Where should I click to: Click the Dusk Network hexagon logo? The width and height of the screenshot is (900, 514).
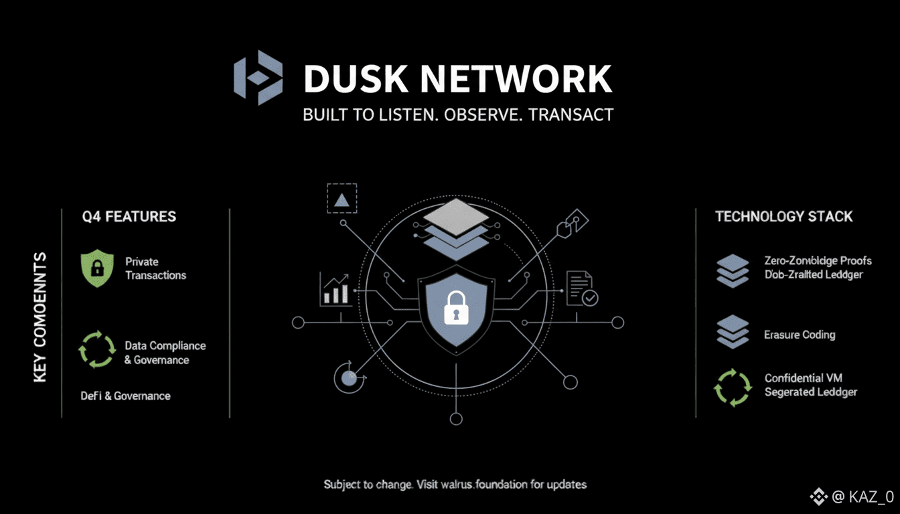click(x=258, y=78)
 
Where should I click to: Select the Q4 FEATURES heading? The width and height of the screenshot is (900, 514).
click(x=129, y=216)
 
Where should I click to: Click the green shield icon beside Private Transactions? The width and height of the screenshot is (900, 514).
click(x=97, y=268)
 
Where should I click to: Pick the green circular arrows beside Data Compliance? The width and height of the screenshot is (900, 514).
click(x=97, y=349)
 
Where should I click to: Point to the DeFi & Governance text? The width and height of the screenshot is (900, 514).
click(x=125, y=396)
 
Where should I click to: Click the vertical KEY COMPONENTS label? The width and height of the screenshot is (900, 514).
click(x=40, y=317)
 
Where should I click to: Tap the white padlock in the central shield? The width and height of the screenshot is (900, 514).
click(x=457, y=307)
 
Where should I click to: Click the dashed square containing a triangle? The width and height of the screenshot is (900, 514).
click(x=342, y=198)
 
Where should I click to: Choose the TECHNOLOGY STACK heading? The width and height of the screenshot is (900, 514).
click(x=783, y=216)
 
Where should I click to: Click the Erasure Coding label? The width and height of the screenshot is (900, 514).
click(x=800, y=335)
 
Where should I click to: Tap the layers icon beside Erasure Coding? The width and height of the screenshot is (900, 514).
click(x=732, y=332)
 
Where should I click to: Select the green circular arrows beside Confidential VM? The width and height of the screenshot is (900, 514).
click(x=732, y=387)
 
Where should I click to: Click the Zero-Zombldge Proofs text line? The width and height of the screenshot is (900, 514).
click(x=818, y=260)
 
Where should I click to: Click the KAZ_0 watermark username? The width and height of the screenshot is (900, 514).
click(x=871, y=497)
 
